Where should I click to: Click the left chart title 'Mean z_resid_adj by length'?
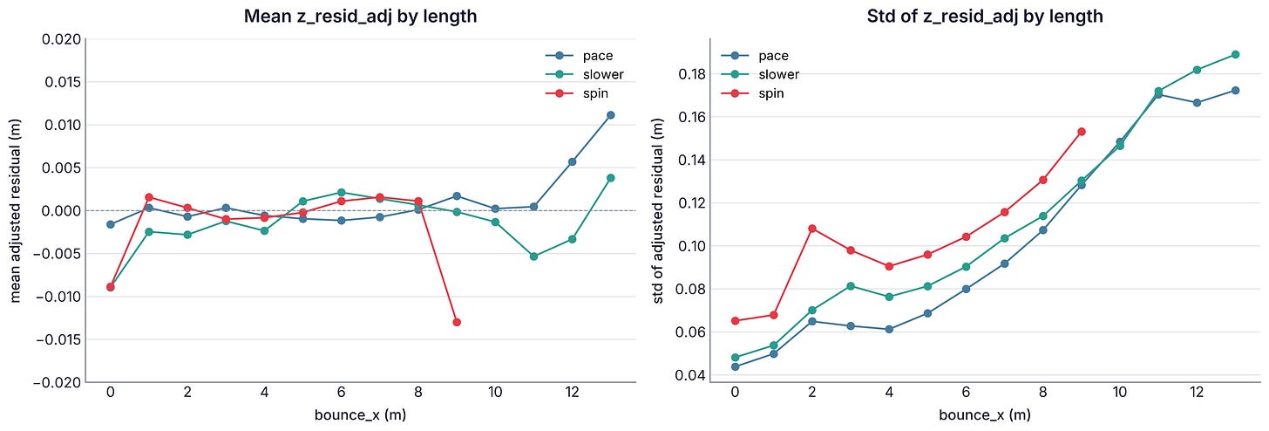[360, 16]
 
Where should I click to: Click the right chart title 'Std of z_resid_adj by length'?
[985, 16]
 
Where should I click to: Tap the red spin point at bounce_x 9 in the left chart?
[457, 322]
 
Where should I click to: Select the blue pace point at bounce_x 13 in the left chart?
[611, 115]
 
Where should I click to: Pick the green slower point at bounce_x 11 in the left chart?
[533, 257]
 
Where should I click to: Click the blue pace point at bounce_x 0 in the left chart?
[111, 224]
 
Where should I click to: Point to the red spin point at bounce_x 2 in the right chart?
[811, 229]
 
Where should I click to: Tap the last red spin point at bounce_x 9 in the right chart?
[1082, 132]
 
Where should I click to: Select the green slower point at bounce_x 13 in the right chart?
[1236, 54]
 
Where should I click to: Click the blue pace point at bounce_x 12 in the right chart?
[1197, 103]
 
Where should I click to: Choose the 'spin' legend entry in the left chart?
[577, 93]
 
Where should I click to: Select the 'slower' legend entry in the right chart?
[760, 74]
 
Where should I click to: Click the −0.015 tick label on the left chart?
[58, 339]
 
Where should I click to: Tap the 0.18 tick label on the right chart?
[691, 74]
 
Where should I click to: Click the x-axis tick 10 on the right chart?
[1119, 392]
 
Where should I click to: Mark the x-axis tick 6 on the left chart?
[341, 392]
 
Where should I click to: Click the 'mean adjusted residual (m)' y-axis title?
[16, 210]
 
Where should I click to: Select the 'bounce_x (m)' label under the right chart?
[985, 415]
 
